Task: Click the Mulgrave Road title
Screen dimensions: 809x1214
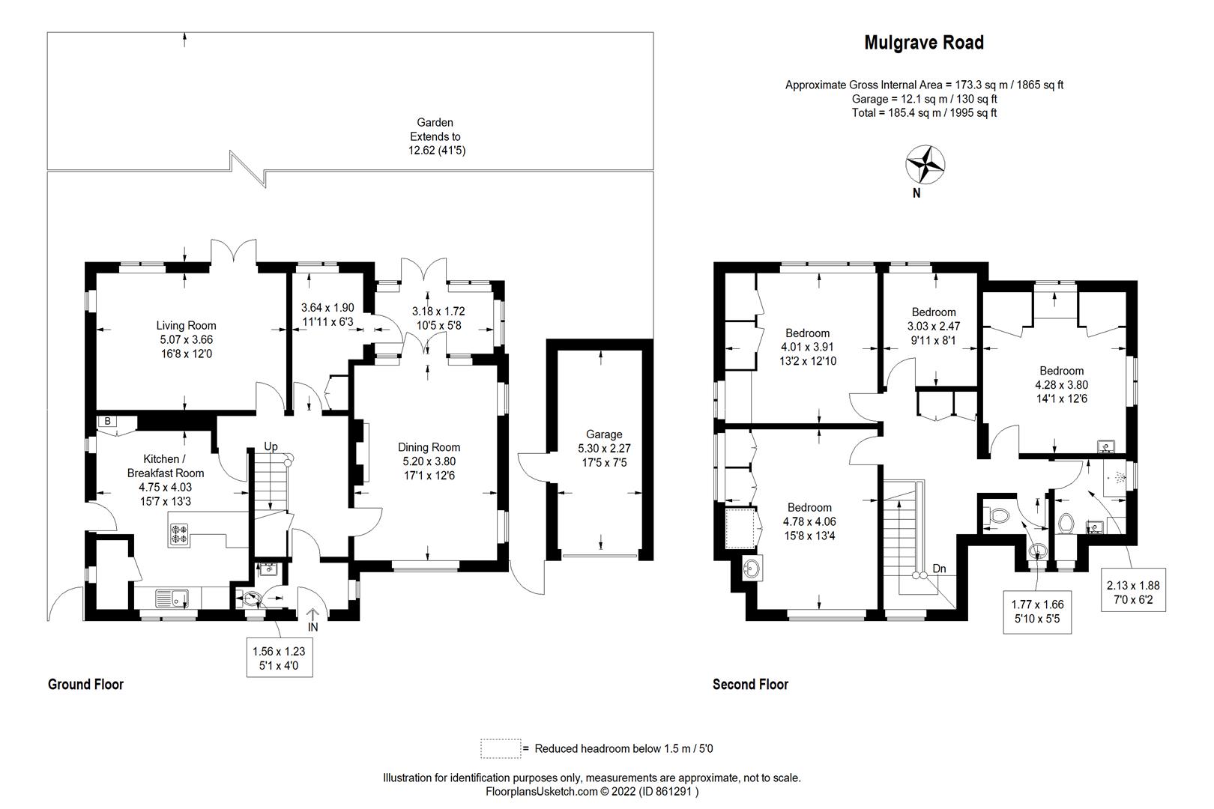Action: pos(923,43)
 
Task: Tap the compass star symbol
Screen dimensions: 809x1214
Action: pos(925,164)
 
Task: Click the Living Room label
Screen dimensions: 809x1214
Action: pos(186,325)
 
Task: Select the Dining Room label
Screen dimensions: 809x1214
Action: pos(429,447)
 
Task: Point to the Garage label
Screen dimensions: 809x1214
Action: pos(603,434)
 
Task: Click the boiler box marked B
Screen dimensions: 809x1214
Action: pos(108,422)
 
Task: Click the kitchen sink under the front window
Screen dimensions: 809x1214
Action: pos(172,598)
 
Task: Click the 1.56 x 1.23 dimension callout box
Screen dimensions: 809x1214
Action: pos(278,658)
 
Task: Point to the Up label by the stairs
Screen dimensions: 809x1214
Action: pos(271,446)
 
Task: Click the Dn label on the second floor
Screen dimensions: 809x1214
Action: pos(939,569)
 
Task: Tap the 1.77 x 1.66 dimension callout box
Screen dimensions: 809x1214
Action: pos(1037,612)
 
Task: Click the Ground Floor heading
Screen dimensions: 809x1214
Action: pos(85,684)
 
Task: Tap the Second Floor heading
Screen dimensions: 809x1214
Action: pos(750,684)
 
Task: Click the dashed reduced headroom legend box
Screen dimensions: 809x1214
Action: pos(500,748)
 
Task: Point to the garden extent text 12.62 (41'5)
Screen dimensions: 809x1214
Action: pos(435,151)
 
